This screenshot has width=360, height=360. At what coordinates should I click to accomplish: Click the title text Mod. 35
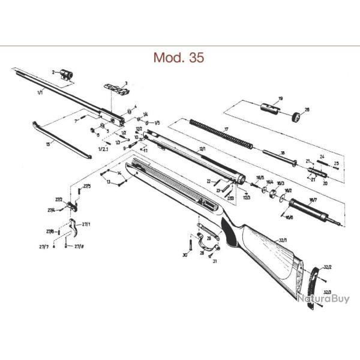pos(179,58)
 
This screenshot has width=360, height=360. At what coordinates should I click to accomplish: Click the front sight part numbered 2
pos(67,73)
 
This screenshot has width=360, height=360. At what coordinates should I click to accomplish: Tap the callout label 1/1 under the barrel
pos(40,94)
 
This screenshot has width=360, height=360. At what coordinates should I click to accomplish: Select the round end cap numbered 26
pos(295,117)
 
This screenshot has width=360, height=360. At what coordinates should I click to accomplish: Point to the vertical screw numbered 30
pos(191,244)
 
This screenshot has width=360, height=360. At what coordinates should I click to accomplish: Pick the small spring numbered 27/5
pos(80,191)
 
